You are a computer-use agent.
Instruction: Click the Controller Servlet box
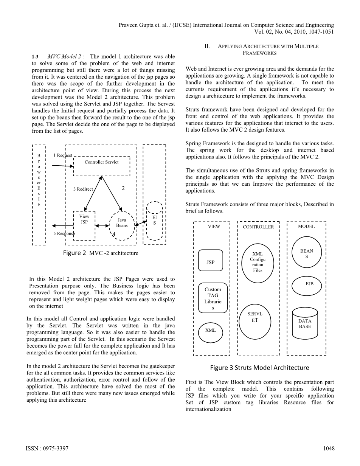click(101, 166)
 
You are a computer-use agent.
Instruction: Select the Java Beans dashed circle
click(122, 225)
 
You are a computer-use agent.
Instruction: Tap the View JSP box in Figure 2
click(84, 225)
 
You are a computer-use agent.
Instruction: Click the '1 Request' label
click(62, 155)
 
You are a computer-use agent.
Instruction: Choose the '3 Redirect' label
click(83, 189)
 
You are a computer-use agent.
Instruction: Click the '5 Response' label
click(64, 233)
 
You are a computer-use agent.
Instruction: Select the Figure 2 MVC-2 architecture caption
click(100, 253)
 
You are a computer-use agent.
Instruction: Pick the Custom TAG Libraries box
click(213, 298)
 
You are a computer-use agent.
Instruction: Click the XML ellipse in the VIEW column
click(211, 332)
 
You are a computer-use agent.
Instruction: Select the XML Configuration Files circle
click(258, 262)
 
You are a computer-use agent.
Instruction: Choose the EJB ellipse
click(307, 286)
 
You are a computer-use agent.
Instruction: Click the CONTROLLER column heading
click(258, 227)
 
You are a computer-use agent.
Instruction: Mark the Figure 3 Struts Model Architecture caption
click(259, 368)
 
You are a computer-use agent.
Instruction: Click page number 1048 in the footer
click(329, 449)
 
